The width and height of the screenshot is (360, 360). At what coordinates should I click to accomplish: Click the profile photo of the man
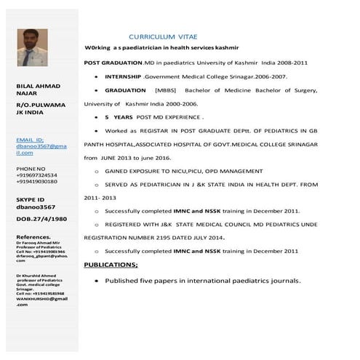click(x=32, y=47)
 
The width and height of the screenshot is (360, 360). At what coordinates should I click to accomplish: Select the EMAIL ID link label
click(x=30, y=138)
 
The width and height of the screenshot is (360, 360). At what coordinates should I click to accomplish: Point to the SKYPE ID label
click(x=31, y=199)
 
